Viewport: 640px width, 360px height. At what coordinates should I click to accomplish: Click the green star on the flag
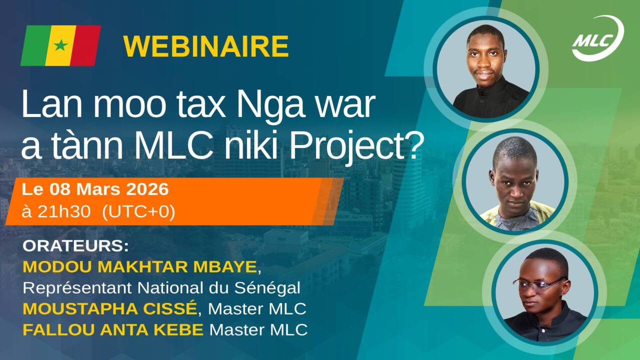pyautogui.click(x=60, y=45)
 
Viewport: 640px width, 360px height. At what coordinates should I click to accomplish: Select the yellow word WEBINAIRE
pyautogui.click(x=206, y=46)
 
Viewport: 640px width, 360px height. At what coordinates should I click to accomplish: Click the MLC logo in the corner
pyautogui.click(x=597, y=38)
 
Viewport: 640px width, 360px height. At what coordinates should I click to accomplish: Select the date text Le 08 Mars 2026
pyautogui.click(x=95, y=190)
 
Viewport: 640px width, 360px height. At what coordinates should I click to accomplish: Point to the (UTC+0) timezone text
pyautogui.click(x=138, y=212)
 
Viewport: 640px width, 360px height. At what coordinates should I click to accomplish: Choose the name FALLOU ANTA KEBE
pyautogui.click(x=113, y=330)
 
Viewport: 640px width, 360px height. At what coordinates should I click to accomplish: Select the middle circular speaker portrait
pyautogui.click(x=515, y=181)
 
